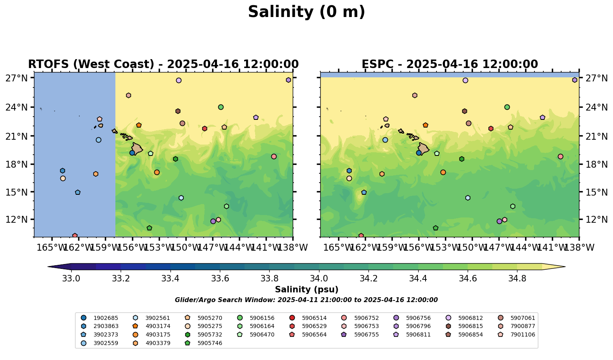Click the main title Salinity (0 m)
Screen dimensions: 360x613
click(306, 12)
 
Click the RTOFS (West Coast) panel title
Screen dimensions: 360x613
click(163, 64)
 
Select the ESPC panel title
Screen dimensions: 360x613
click(449, 64)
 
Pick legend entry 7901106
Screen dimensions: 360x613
click(522, 334)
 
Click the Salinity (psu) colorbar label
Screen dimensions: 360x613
click(306, 290)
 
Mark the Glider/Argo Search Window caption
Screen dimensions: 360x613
click(306, 300)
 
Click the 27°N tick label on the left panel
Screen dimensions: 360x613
click(16, 78)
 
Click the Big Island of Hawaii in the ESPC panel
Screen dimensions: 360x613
click(424, 149)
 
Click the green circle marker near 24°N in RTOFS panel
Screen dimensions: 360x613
click(221, 107)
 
